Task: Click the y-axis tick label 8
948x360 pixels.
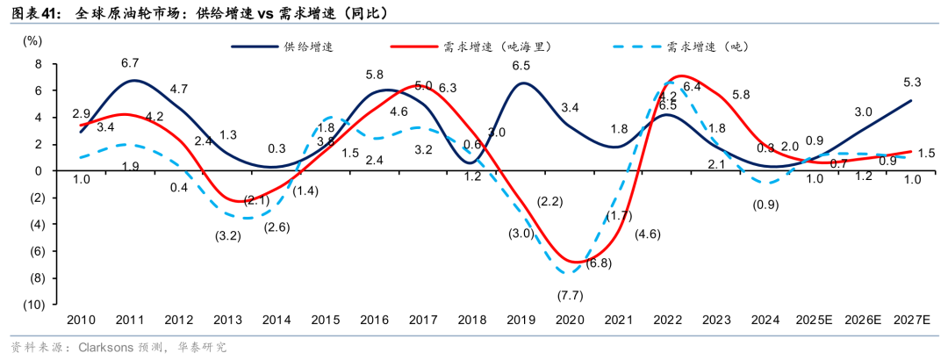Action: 39,64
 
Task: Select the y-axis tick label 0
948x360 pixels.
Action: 39,171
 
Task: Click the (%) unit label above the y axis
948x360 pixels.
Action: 32,41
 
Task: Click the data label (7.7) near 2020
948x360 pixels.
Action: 569,294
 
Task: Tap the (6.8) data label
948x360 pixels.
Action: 599,263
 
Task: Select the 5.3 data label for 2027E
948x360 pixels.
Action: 911,83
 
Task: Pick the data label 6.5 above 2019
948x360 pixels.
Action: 521,65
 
